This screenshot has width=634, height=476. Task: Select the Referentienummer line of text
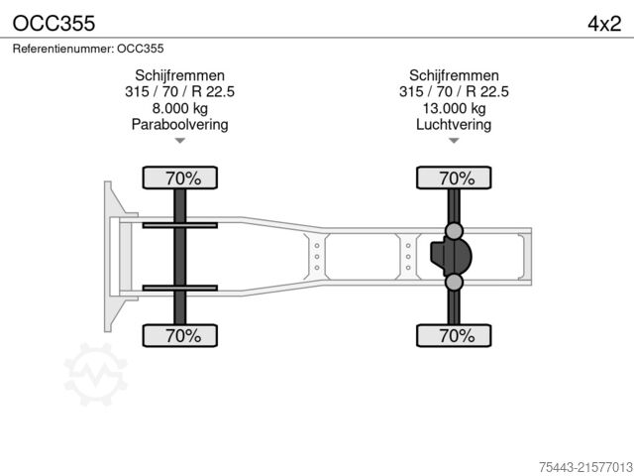tap(88, 48)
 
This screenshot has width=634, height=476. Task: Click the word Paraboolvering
tap(179, 124)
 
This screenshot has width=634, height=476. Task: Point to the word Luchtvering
tap(454, 124)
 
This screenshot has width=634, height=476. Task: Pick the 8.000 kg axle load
tap(179, 108)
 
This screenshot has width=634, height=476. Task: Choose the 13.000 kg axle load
tap(454, 108)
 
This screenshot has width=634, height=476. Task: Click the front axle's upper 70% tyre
tap(179, 178)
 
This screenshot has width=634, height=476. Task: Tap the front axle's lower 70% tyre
tap(179, 335)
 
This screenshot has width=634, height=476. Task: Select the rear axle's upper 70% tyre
tap(454, 178)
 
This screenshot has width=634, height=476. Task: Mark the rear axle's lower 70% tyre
tap(454, 335)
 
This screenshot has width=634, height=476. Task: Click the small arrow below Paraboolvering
tap(179, 141)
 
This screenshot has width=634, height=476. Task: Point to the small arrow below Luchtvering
tap(454, 141)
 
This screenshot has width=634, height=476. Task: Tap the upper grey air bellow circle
tap(454, 231)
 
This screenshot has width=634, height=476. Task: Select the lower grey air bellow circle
tap(454, 283)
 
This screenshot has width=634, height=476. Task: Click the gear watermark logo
tap(95, 374)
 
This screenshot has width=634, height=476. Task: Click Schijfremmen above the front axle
tap(179, 76)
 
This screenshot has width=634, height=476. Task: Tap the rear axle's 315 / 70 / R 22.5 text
tap(454, 92)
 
